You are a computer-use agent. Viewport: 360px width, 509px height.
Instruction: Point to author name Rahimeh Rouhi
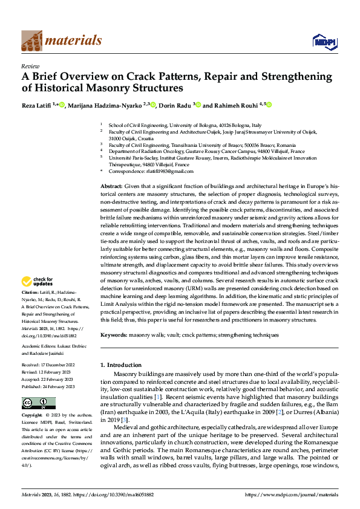234,105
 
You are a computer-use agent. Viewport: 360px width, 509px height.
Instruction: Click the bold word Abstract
111,186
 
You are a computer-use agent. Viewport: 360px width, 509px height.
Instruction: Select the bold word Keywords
114,334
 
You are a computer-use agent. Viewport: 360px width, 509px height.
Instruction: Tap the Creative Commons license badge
38,403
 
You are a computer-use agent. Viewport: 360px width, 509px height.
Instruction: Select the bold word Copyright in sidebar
31,416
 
